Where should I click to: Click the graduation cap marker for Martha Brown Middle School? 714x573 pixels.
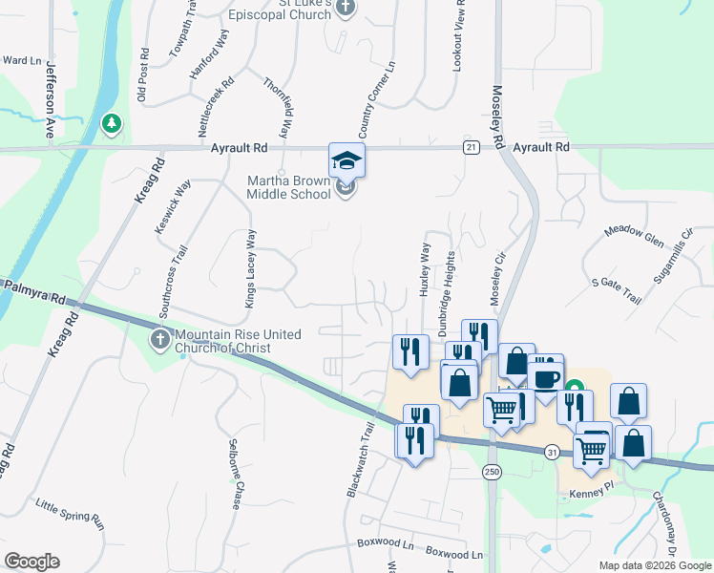click(x=346, y=160)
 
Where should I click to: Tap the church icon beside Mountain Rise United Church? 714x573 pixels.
click(x=160, y=338)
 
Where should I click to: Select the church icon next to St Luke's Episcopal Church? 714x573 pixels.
click(x=346, y=9)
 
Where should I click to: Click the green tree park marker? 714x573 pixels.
click(x=111, y=123)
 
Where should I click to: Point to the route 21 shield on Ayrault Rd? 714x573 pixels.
click(x=471, y=147)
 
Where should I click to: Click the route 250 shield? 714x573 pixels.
click(x=492, y=471)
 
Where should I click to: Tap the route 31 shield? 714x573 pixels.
click(x=552, y=451)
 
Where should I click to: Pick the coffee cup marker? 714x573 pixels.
click(x=545, y=376)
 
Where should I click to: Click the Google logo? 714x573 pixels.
click(x=31, y=562)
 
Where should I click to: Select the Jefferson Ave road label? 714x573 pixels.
click(x=48, y=101)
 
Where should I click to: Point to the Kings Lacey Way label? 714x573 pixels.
click(x=251, y=268)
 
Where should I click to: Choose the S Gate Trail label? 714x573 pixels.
click(x=616, y=290)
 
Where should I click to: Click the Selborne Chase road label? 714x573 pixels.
click(x=235, y=474)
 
